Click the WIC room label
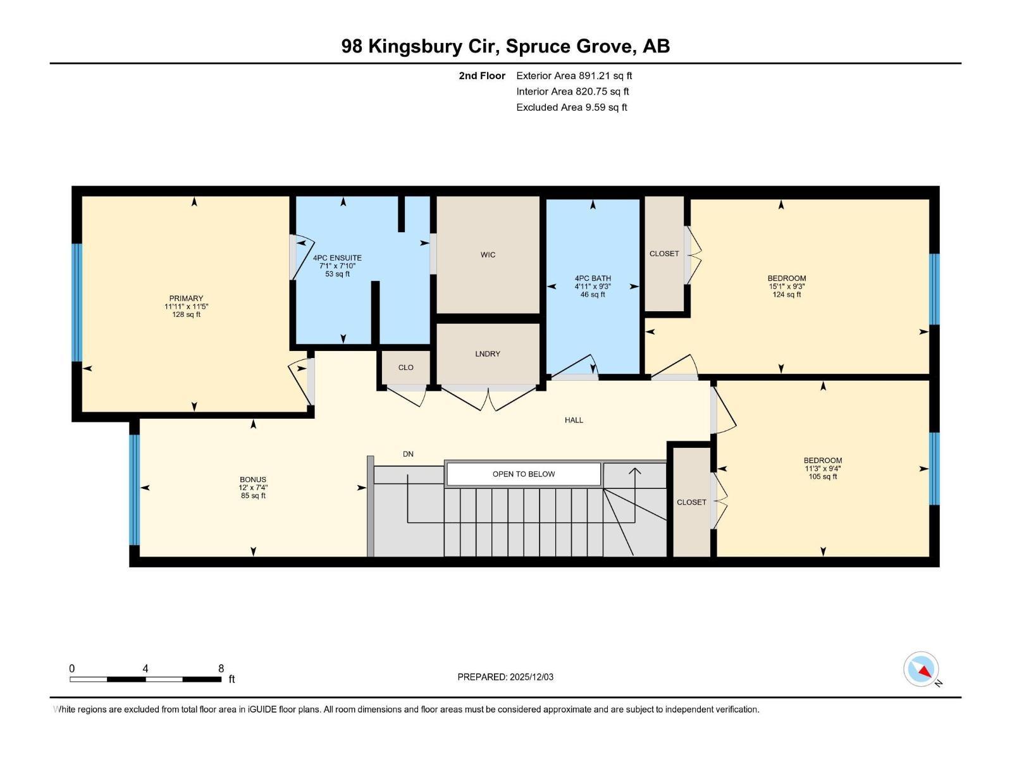click(488, 255)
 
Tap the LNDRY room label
click(488, 354)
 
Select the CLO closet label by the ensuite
click(405, 367)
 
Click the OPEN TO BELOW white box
click(523, 474)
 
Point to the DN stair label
click(408, 454)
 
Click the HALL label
click(574, 420)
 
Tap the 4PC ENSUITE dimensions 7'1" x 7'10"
click(337, 266)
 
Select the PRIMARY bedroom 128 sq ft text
click(186, 314)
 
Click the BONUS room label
click(252, 479)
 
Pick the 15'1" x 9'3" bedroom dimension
click(786, 287)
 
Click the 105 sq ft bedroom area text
click(822, 477)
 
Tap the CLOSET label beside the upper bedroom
click(664, 254)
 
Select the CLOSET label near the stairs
click(691, 502)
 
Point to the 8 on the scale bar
click(221, 669)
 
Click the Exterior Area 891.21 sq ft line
click(574, 76)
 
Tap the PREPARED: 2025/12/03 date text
click(505, 677)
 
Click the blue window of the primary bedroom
click(77, 302)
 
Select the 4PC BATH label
click(593, 278)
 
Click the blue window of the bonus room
click(134, 490)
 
